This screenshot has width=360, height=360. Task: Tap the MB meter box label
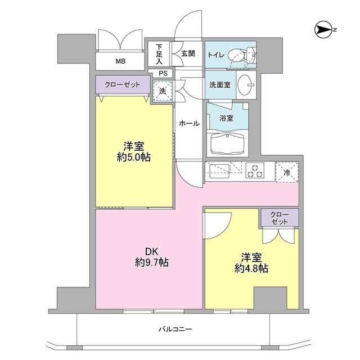click(x=120, y=61)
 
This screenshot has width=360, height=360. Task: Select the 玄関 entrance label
click(x=188, y=53)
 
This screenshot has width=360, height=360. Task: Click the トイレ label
click(x=217, y=55)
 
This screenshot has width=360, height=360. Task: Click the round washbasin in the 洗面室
click(x=246, y=85)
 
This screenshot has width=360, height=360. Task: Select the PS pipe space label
click(x=163, y=73)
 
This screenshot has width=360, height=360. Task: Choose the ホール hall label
click(x=189, y=123)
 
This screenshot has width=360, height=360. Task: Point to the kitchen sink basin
click(x=217, y=170)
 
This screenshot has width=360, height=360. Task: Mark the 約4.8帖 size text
click(x=250, y=268)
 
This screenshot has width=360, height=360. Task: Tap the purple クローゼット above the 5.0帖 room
click(x=121, y=84)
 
